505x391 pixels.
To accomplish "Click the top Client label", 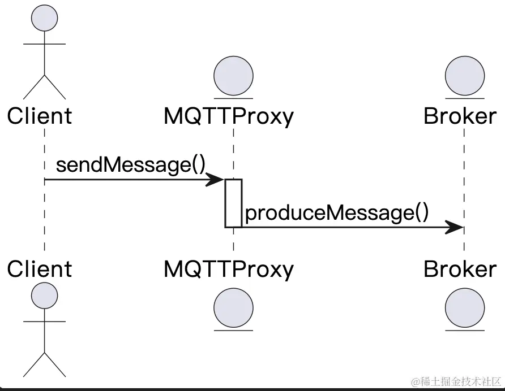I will coord(40,116).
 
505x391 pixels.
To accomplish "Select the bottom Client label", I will coord(40,269).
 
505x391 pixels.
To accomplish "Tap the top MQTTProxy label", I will coord(229,116).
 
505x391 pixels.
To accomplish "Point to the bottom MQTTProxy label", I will coord(229,269).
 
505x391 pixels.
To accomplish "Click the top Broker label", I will coord(460,116).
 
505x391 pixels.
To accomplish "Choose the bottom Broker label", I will coord(460,269).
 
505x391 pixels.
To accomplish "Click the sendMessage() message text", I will coord(130,165).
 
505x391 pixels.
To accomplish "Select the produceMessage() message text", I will coord(337,213).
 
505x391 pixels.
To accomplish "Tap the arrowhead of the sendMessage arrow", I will coord(216,180).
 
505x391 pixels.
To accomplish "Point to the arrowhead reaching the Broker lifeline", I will coord(455,227).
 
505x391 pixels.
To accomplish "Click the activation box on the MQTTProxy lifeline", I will coord(233,203).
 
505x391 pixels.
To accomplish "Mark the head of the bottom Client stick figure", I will coord(44,296).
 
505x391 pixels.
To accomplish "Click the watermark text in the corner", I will coord(456,381).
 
